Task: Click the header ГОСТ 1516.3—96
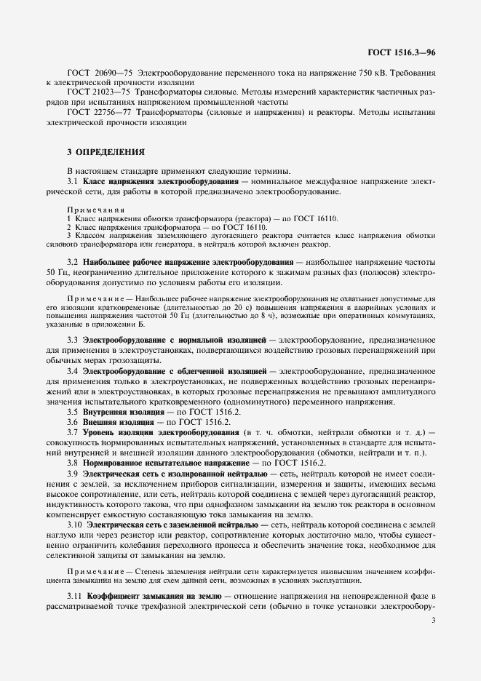point(402,53)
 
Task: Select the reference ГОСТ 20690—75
point(98,73)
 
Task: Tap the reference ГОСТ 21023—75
point(98,93)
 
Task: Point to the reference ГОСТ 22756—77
point(98,113)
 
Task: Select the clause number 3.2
point(72,261)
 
